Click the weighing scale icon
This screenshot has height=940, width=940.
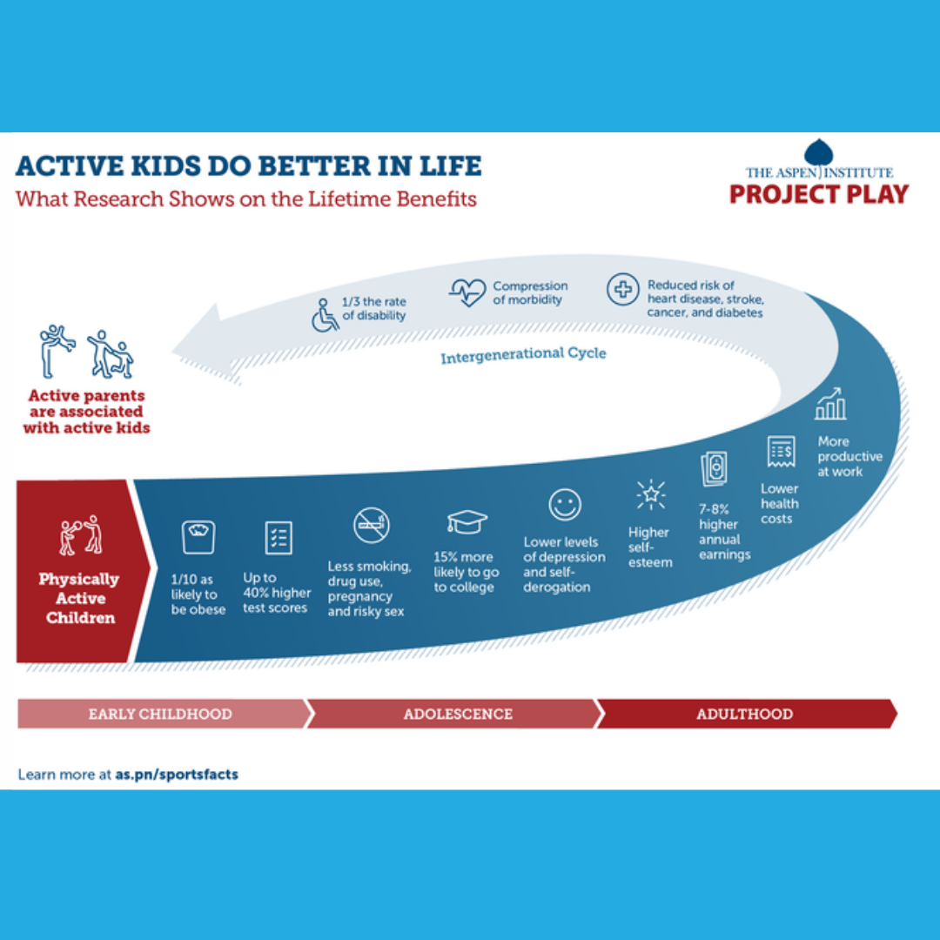198,536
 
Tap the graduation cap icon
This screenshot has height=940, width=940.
467,521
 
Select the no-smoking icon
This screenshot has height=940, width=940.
371,525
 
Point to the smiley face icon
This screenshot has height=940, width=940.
565,504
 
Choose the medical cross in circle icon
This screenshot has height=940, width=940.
622,290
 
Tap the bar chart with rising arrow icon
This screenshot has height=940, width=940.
830,404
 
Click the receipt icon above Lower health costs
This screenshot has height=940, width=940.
781,451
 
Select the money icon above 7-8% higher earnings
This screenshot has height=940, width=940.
714,468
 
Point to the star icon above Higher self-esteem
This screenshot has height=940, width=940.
651,495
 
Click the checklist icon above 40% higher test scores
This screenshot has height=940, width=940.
279,537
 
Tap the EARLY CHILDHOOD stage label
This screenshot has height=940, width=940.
160,714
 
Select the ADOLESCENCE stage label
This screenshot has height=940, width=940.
458,714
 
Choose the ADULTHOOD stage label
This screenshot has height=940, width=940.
744,714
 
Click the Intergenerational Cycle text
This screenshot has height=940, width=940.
523,355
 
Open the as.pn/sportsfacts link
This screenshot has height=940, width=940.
177,774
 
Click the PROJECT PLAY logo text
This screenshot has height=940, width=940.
819,194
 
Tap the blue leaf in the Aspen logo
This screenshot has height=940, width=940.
819,152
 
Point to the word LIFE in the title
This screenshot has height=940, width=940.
450,166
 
